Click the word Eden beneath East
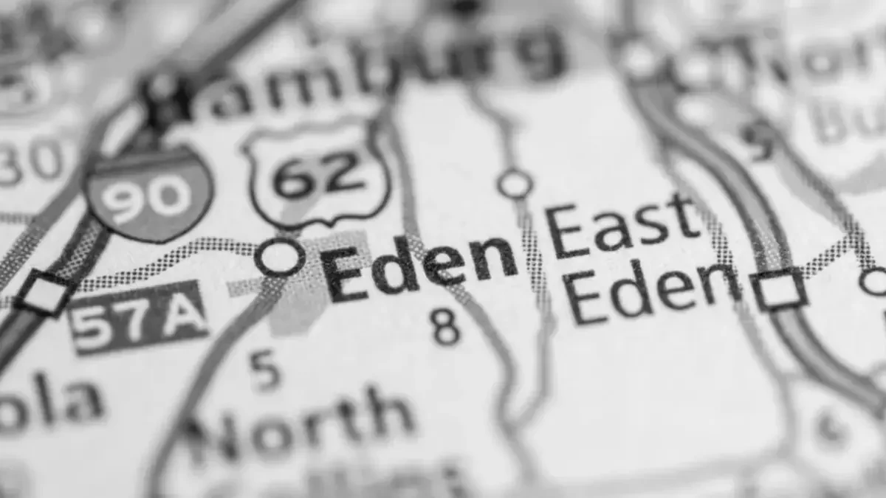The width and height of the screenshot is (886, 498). pyautogui.click(x=654, y=292)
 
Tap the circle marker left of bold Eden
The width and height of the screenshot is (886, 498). pyautogui.click(x=280, y=257)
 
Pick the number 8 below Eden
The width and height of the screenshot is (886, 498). pyautogui.click(x=446, y=328)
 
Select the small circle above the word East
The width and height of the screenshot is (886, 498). pyautogui.click(x=515, y=184)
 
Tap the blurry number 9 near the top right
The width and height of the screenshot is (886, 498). pyautogui.click(x=756, y=139)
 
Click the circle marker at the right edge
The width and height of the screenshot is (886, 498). pyautogui.click(x=874, y=281)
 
